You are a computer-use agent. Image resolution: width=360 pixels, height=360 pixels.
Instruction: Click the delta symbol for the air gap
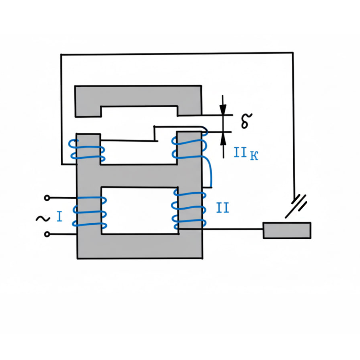pos(246,120)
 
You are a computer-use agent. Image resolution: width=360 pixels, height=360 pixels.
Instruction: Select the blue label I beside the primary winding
pos(60,217)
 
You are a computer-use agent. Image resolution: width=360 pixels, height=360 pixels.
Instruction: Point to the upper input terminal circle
pos(47,198)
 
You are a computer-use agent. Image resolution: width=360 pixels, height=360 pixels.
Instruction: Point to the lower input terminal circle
pos(47,234)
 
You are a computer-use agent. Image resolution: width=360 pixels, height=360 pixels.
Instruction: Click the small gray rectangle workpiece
pos(286,230)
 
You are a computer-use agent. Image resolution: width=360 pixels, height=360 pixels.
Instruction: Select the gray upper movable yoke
pos(138,96)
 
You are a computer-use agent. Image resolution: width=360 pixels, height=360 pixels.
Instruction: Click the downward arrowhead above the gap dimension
pos(223,109)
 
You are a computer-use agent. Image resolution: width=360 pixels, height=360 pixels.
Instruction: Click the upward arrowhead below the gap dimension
pos(223,138)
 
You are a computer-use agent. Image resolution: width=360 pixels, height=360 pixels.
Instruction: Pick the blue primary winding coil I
pos(89,212)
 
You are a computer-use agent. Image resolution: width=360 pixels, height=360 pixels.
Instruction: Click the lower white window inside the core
pos(138,210)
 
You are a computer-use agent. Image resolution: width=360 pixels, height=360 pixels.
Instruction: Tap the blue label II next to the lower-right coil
pos(222,208)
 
